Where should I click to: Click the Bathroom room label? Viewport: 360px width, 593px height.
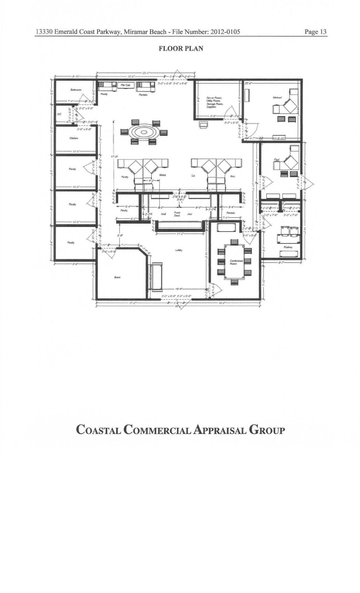click(x=76, y=90)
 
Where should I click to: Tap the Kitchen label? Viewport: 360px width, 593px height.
click(x=74, y=138)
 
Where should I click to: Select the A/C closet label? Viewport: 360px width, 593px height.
click(x=59, y=114)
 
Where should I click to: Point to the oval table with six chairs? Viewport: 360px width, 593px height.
click(x=144, y=132)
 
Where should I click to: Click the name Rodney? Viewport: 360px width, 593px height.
click(x=288, y=247)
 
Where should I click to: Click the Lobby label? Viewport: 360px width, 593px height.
click(x=179, y=250)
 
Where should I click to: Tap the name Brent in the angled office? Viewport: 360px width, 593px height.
click(x=117, y=277)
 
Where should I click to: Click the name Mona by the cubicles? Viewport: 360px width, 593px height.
click(x=163, y=175)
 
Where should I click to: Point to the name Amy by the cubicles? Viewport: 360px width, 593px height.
click(x=232, y=176)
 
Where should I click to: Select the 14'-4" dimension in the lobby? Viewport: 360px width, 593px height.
click(x=179, y=288)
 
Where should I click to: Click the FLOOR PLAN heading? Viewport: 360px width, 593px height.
click(x=181, y=49)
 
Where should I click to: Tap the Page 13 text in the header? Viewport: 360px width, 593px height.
click(x=316, y=32)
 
